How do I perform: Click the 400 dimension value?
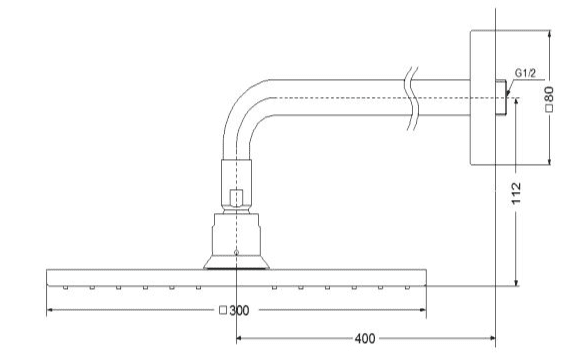tap(365, 338)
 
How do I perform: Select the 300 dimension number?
tap(239, 310)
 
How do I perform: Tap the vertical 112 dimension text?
tap(516, 193)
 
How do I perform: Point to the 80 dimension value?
tap(549, 94)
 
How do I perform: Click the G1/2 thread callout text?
tap(525, 73)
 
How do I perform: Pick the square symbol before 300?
tap(223, 310)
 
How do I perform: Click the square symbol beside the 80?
tap(549, 108)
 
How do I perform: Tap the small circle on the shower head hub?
tap(236, 252)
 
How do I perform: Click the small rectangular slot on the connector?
tap(236, 198)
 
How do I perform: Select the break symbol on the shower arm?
tap(412, 99)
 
